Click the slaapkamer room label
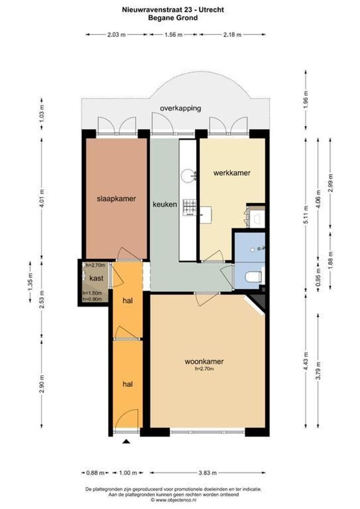point(116,198)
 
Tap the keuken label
point(165,205)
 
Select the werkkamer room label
point(231,173)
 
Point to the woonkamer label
point(204,361)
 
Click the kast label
point(96,278)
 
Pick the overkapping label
point(180,108)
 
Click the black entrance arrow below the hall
point(126,442)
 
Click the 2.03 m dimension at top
point(117,34)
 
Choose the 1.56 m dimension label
point(173,34)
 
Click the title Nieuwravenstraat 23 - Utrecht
point(180,9)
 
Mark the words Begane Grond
point(180,17)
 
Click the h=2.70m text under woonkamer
point(204,369)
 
